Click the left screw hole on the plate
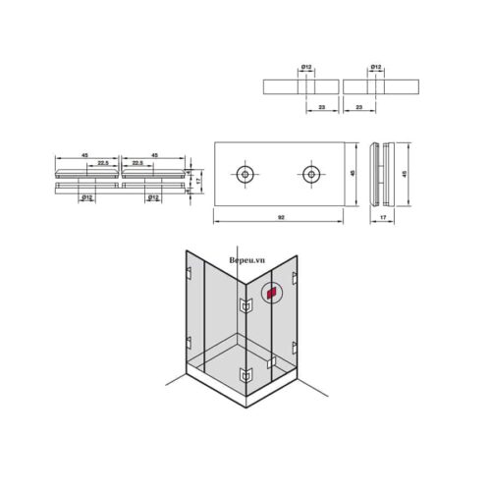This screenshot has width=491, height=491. (244, 174)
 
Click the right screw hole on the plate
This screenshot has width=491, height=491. (311, 174)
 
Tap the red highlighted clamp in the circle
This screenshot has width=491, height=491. (272, 292)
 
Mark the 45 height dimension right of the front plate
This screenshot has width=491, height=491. (355, 173)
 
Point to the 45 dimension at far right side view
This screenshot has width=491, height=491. (406, 173)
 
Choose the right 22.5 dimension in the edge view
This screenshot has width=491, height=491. (136, 163)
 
